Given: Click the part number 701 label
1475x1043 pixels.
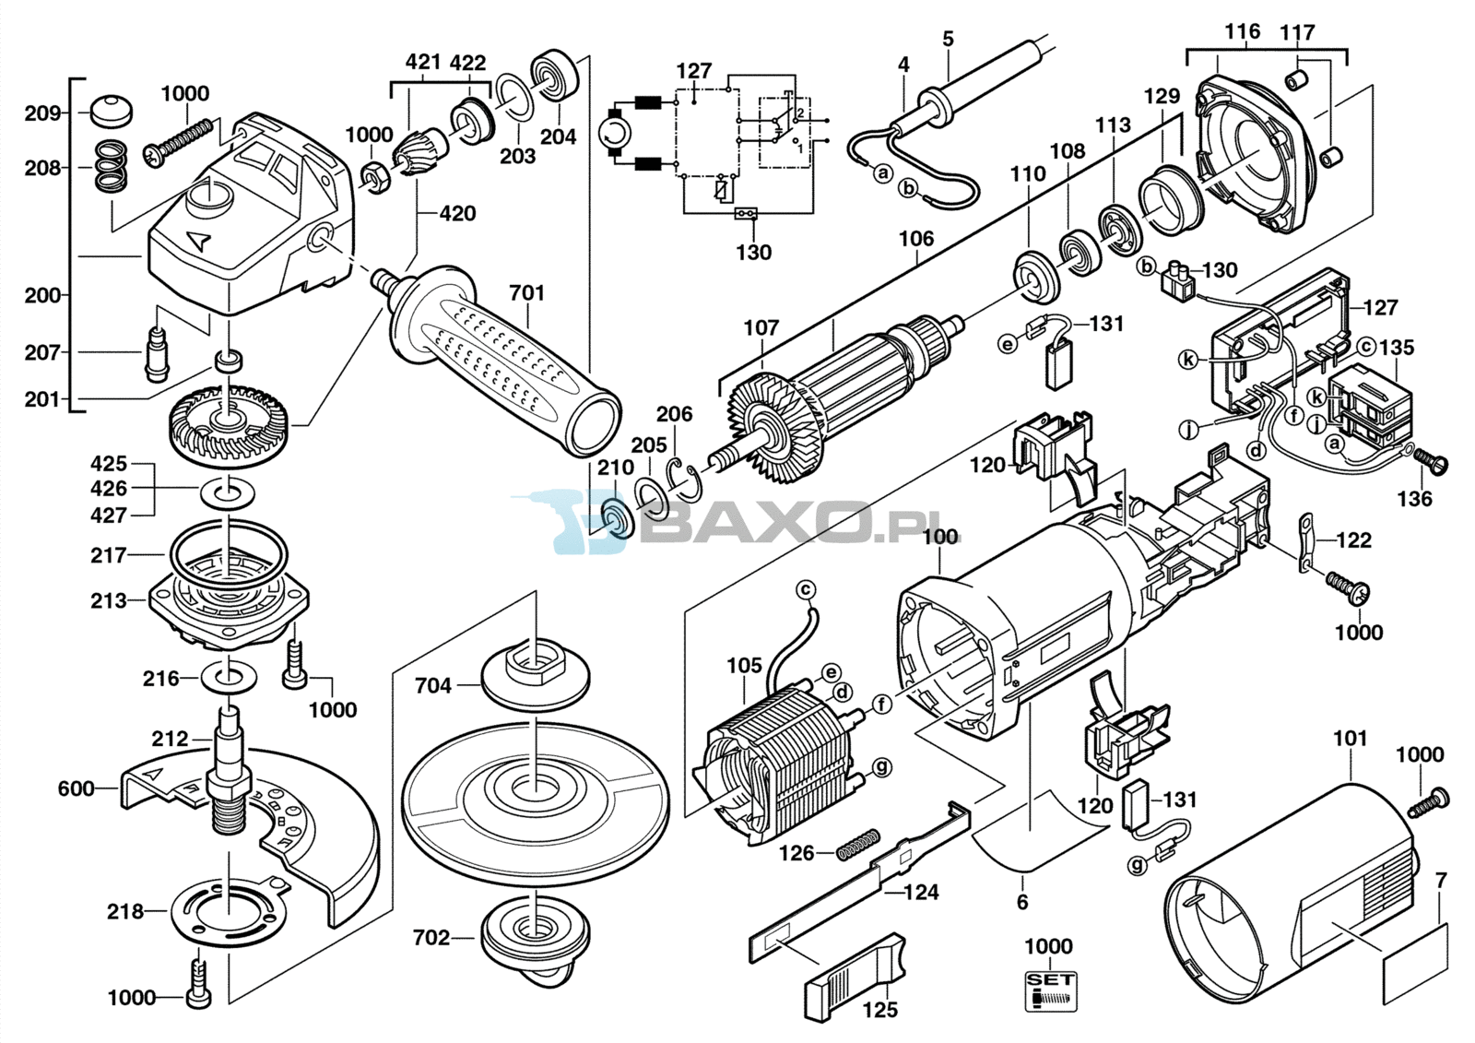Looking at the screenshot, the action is (526, 292).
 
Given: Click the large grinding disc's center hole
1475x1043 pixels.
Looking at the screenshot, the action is (536, 786).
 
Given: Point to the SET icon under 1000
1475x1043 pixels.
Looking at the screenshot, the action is (1051, 991).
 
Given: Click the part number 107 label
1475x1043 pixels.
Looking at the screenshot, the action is (761, 327).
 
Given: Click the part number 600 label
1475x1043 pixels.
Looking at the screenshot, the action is (77, 788).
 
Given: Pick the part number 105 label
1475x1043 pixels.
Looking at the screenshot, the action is (744, 666).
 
